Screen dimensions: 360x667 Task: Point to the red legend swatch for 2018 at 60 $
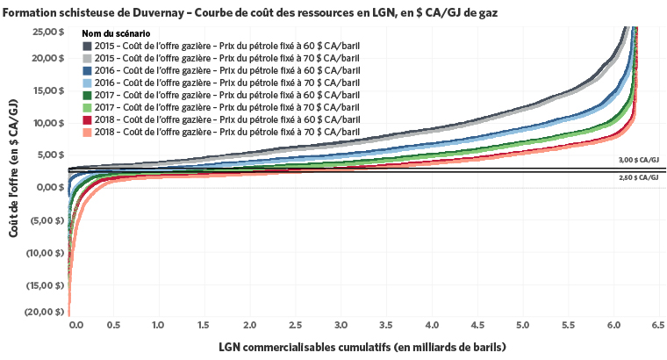point(88,119)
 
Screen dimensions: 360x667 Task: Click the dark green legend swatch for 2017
point(88,95)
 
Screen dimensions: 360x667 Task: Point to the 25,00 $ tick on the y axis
point(47,32)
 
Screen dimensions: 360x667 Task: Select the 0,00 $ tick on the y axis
point(48,187)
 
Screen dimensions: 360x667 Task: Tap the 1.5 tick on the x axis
point(204,326)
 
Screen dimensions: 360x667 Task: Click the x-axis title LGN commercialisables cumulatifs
point(362,347)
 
